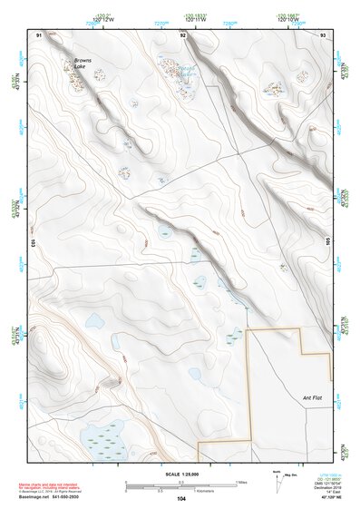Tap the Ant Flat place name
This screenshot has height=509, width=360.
tap(313, 397)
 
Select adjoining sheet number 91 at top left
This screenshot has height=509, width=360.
tap(39, 34)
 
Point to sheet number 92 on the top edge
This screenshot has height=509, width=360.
tap(183, 34)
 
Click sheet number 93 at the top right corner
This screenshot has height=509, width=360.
tap(323, 34)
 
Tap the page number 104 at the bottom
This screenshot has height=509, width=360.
tap(181, 499)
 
